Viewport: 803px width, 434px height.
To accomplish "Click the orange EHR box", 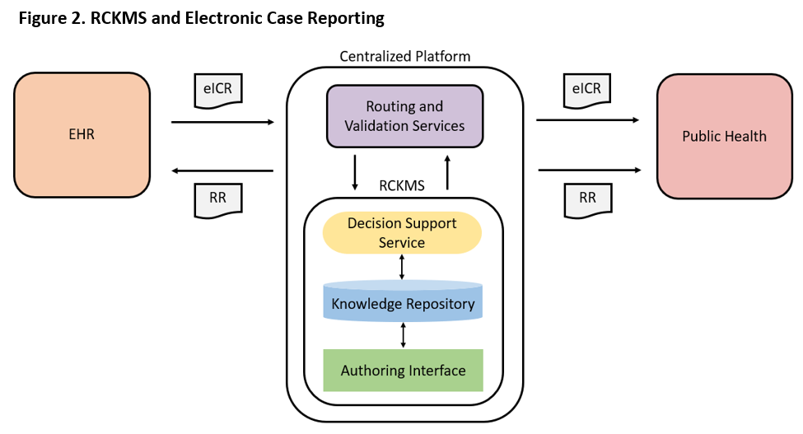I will (82, 134).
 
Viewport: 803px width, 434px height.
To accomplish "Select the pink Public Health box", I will (724, 136).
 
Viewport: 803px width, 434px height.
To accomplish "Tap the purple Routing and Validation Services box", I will (404, 116).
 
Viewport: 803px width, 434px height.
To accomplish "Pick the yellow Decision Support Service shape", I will (402, 233).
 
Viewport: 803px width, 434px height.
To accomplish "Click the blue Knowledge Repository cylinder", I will (403, 303).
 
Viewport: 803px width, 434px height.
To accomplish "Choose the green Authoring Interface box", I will (403, 371).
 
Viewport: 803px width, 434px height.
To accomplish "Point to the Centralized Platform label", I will (405, 57).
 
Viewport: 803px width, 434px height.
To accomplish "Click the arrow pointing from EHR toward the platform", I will (222, 123).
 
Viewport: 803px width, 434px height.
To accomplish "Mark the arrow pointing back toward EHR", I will (222, 170).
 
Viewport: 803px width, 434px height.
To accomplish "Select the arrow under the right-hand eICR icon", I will (587, 120).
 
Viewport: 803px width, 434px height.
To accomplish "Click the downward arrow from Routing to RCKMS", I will (355, 171).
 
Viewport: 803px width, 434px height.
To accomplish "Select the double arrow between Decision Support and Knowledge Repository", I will (402, 267).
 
